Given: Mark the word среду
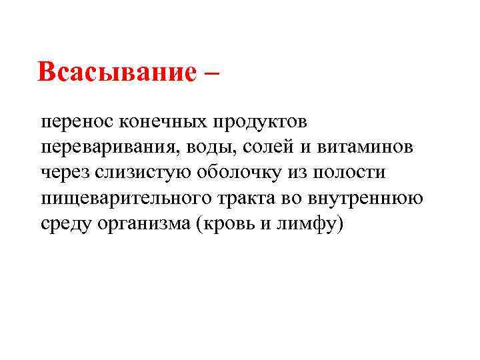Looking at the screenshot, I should click(x=65, y=223).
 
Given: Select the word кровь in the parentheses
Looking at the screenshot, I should click(x=227, y=223).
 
